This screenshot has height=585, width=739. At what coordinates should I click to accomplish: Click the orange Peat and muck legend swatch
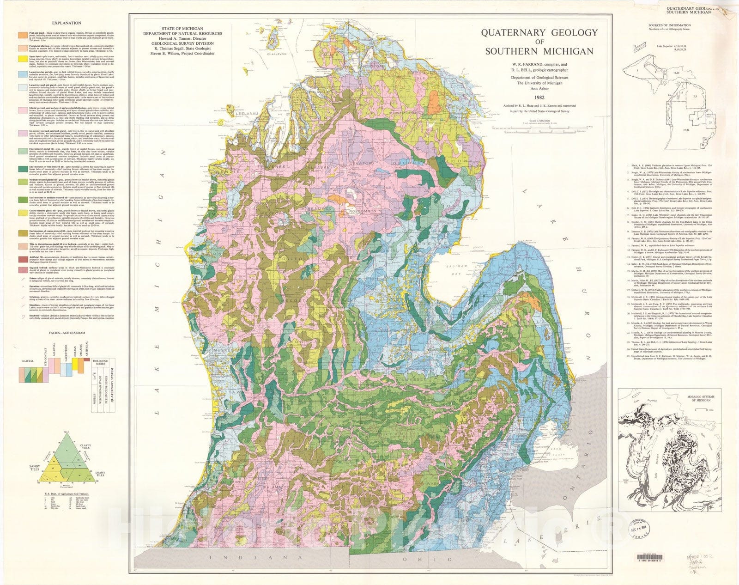[x=22, y=35]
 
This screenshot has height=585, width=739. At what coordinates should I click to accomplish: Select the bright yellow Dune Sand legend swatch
[x=22, y=59]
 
